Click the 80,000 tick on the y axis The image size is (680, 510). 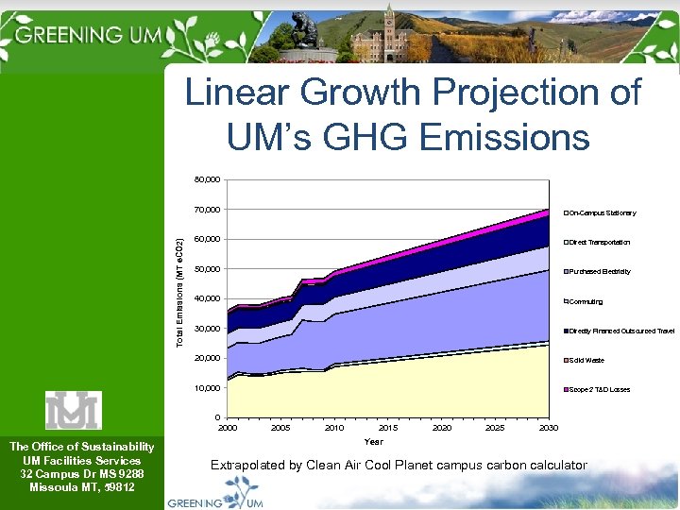pyautogui.click(x=207, y=179)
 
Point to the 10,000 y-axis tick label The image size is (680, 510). pyautogui.click(x=207, y=388)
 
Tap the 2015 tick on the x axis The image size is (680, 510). pyautogui.click(x=387, y=428)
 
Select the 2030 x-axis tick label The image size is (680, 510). pyautogui.click(x=548, y=428)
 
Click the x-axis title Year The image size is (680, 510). pyautogui.click(x=374, y=441)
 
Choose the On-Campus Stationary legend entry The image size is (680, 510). pyautogui.click(x=603, y=213)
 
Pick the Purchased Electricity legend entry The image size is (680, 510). pyautogui.click(x=600, y=272)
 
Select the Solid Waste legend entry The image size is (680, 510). pyautogui.click(x=586, y=360)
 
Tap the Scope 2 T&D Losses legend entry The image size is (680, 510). pyautogui.click(x=600, y=389)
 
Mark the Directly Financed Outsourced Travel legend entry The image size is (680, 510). pyautogui.click(x=621, y=331)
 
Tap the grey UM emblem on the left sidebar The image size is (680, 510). pyautogui.click(x=73, y=410)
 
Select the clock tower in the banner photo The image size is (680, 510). pyautogui.click(x=388, y=28)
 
